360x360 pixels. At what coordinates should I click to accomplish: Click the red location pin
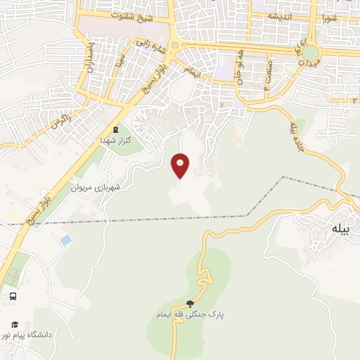click(x=181, y=165)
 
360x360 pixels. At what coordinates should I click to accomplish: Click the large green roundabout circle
click(x=309, y=53)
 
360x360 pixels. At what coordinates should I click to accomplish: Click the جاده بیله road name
click(x=295, y=129)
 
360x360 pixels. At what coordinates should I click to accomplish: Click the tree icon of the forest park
click(x=190, y=304)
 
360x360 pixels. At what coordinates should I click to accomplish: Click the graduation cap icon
click(x=13, y=324)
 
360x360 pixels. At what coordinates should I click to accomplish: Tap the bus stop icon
click(x=13, y=297)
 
